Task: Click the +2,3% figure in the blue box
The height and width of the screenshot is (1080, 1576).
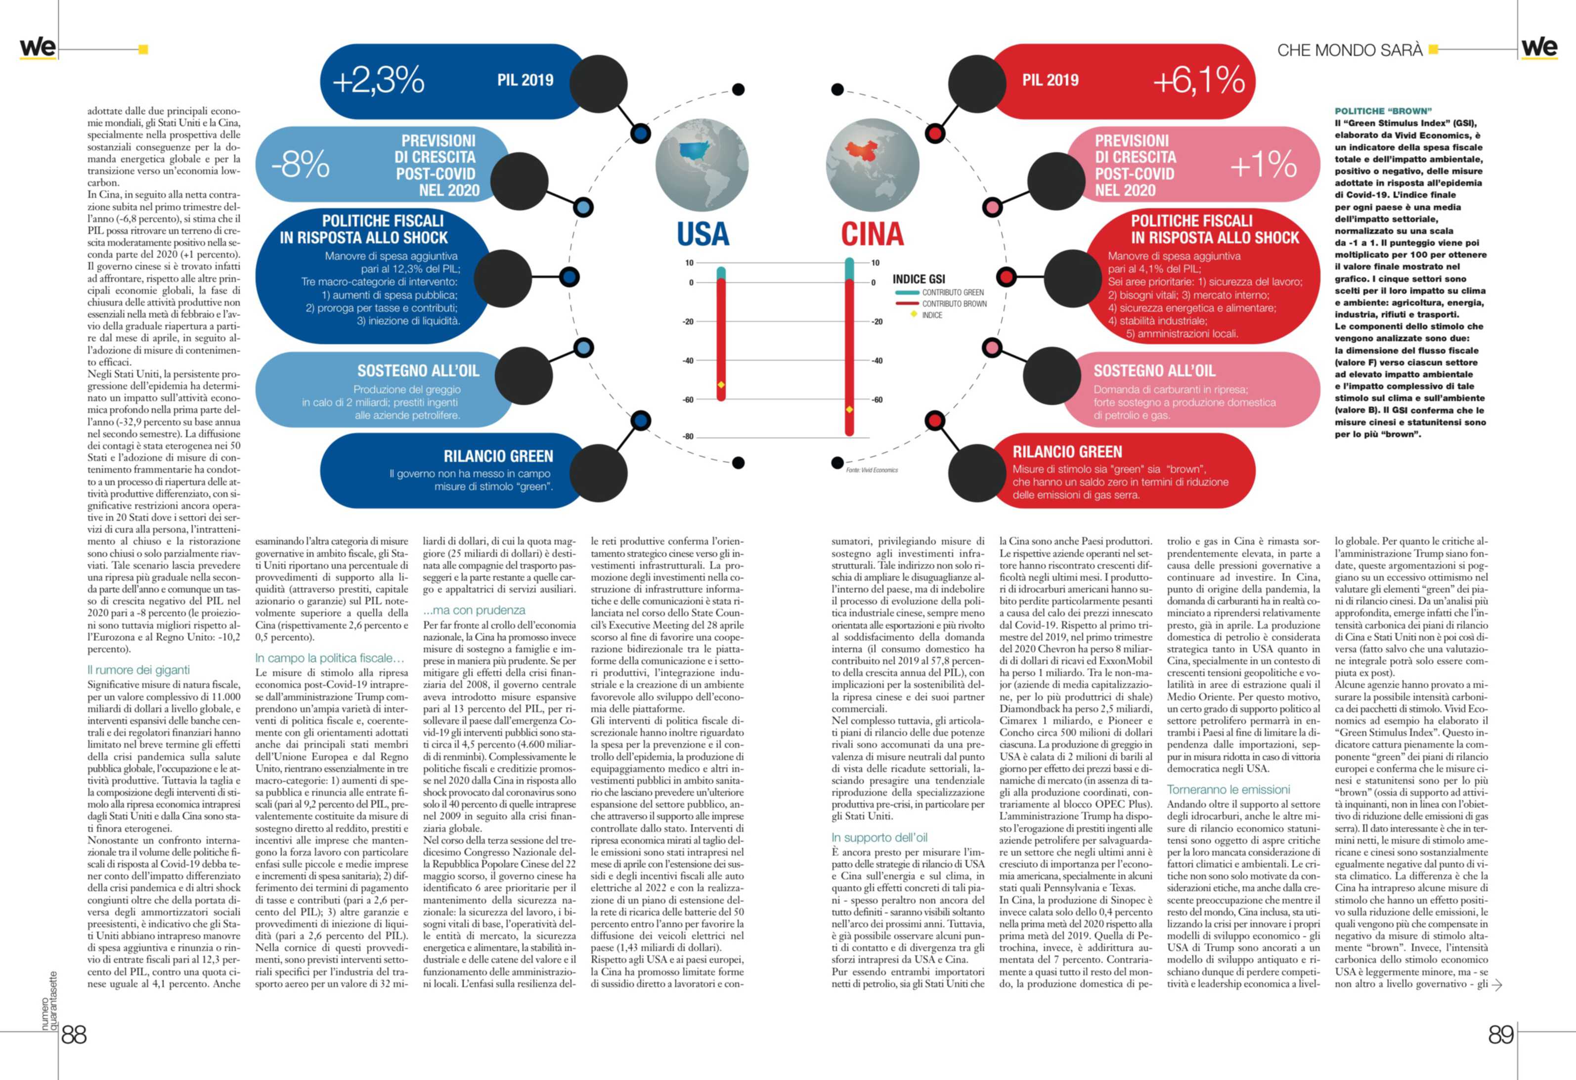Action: click(378, 81)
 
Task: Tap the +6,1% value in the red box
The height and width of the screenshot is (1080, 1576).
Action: click(1198, 81)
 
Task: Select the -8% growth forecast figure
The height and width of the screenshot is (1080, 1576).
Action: click(301, 165)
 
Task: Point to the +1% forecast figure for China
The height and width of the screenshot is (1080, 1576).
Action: click(1263, 165)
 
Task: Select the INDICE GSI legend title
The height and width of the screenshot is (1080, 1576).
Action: click(918, 279)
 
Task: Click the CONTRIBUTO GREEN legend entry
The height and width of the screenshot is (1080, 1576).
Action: click(952, 292)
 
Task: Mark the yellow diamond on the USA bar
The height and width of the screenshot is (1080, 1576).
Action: click(721, 385)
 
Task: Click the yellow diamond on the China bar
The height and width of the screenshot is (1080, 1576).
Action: click(849, 410)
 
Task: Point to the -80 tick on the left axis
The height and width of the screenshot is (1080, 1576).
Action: click(688, 437)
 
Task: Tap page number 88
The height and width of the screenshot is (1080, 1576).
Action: click(74, 1035)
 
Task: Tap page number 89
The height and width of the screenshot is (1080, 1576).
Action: click(1501, 1035)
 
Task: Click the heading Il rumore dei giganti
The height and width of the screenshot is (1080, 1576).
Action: click(138, 670)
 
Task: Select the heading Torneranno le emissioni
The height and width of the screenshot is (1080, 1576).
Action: click(1228, 790)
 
